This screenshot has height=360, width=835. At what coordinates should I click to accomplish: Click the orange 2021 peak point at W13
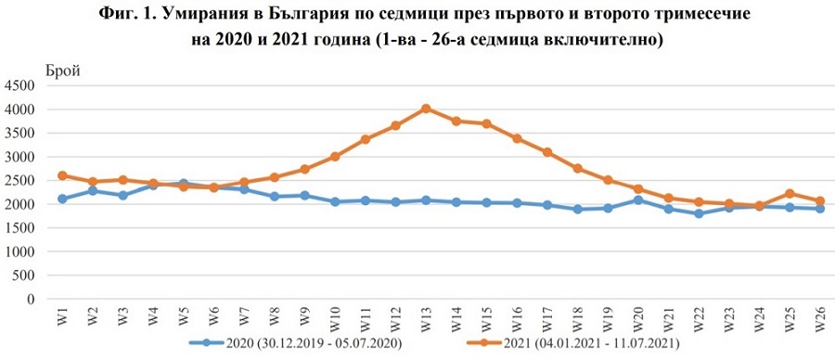pos(426,109)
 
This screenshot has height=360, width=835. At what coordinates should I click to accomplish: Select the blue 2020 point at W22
pos(698,213)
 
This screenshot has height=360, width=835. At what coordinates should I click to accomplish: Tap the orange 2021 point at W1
pos(62,175)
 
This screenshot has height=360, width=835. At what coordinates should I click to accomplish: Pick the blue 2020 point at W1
pos(62,199)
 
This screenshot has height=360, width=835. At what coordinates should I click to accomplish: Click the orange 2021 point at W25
pos(789,194)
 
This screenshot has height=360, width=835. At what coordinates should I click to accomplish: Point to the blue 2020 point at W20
pos(637,199)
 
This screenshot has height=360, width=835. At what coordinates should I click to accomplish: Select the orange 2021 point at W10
pos(335,157)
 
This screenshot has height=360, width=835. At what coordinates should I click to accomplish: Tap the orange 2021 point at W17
pos(546,152)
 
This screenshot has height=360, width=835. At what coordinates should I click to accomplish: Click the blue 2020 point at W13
pos(426,200)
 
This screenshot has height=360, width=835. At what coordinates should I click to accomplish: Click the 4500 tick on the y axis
pos(19,86)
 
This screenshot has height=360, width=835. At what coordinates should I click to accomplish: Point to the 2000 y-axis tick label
pos(19,204)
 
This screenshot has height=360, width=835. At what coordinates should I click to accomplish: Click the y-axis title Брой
pos(63,69)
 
